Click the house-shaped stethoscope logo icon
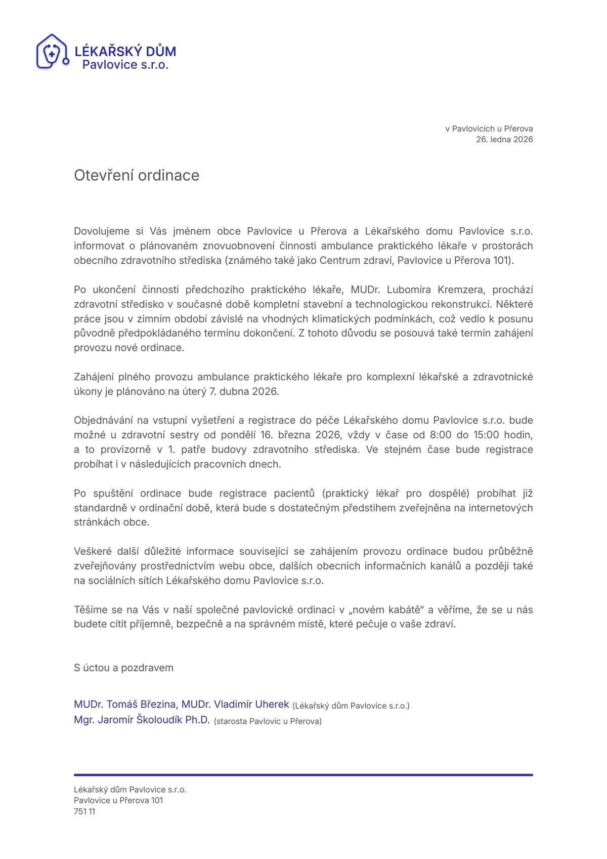[52, 52]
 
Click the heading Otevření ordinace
[137, 175]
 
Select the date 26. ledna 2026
[504, 139]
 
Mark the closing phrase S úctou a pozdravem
[123, 668]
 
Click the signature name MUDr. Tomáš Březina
[125, 704]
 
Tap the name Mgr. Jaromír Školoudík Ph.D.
[142, 720]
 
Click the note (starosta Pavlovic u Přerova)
[268, 721]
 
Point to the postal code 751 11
[84, 811]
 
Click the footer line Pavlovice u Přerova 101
[118, 800]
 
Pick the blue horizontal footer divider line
[303, 774]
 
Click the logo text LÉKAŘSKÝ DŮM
[125, 51]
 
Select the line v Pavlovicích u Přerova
[489, 129]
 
